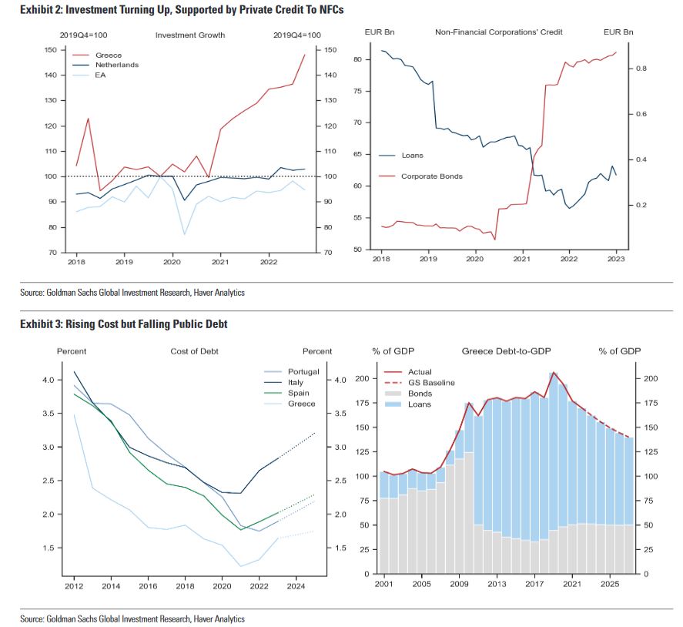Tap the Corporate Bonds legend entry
coord(432,176)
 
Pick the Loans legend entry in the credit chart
coord(413,156)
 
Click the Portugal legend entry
coord(303,372)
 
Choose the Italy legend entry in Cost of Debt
coord(296,382)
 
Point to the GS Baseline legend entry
coord(431,383)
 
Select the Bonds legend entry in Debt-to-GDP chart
coord(420,394)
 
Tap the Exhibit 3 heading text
coord(124,324)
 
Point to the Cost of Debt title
coord(194,351)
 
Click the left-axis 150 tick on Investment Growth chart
coord(52,50)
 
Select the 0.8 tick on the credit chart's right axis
coord(641,69)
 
